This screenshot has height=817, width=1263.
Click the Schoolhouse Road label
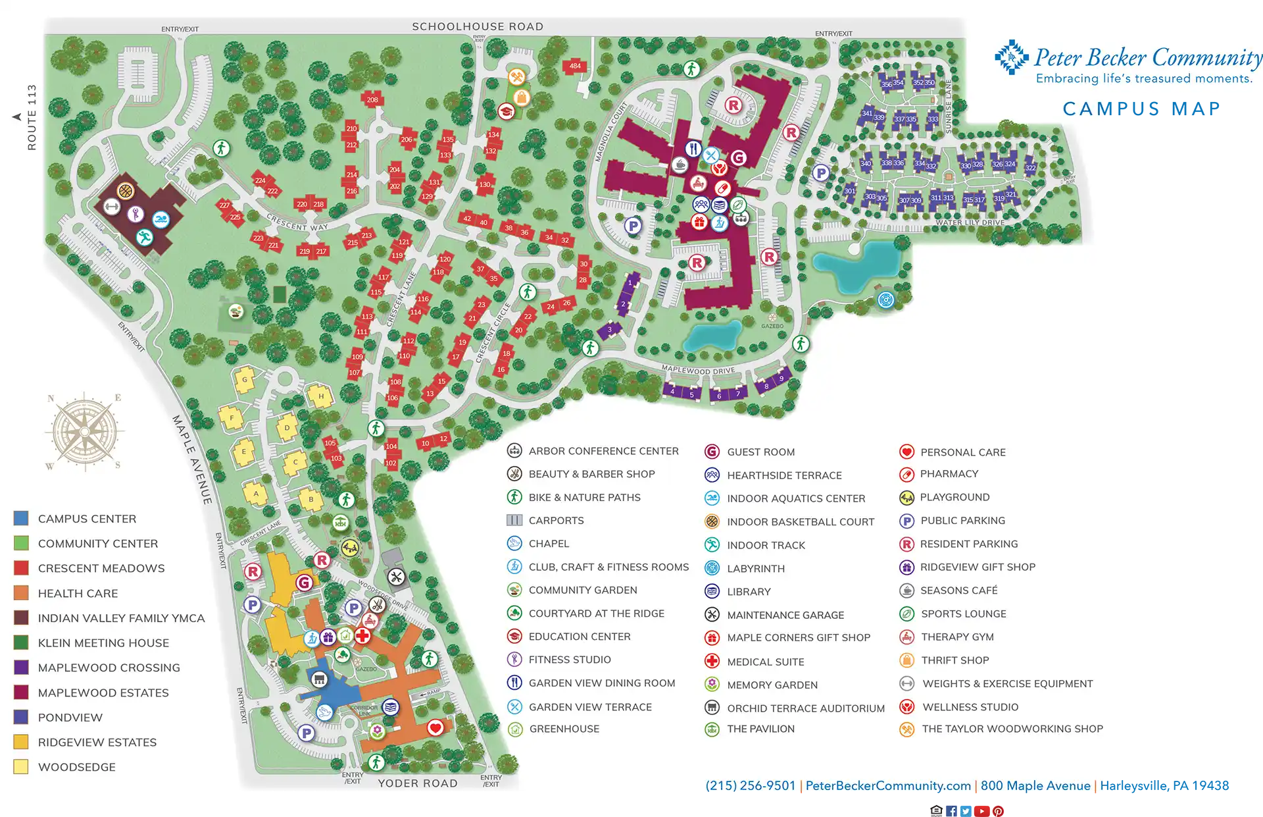click(478, 26)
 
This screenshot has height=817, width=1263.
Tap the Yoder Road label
click(417, 783)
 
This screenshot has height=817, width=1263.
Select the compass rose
click(84, 432)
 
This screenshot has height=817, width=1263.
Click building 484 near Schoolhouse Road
click(575, 66)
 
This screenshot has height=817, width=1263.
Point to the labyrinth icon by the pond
click(886, 300)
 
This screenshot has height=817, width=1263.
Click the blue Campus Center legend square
click(21, 518)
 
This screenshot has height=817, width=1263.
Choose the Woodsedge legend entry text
click(76, 767)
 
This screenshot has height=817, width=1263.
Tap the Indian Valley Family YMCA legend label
click(121, 618)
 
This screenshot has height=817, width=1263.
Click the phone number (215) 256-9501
click(751, 785)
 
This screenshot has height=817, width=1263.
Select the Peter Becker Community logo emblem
click(1010, 58)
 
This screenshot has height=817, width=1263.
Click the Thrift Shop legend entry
click(954, 660)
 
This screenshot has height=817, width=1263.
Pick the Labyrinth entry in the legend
click(755, 568)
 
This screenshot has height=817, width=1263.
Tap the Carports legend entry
click(556, 520)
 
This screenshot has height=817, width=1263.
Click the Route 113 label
click(32, 117)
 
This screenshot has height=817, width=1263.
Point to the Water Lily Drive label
click(970, 223)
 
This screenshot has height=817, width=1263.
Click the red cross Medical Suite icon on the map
click(362, 635)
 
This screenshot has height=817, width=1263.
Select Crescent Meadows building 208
click(372, 100)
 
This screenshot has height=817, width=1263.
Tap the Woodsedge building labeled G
click(245, 380)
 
